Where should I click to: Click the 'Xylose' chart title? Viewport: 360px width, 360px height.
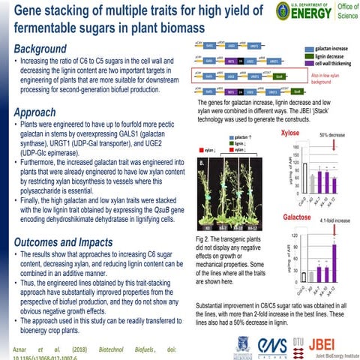click(290, 133)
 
